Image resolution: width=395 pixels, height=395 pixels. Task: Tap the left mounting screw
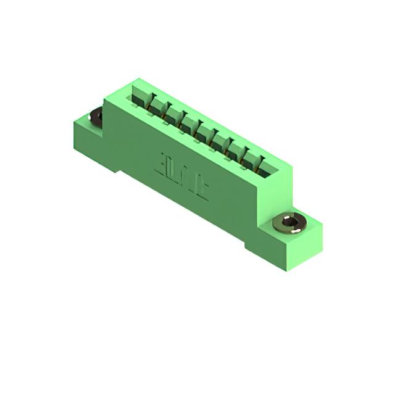pos(97,115)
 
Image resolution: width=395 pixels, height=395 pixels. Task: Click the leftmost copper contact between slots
pos(150,109)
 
